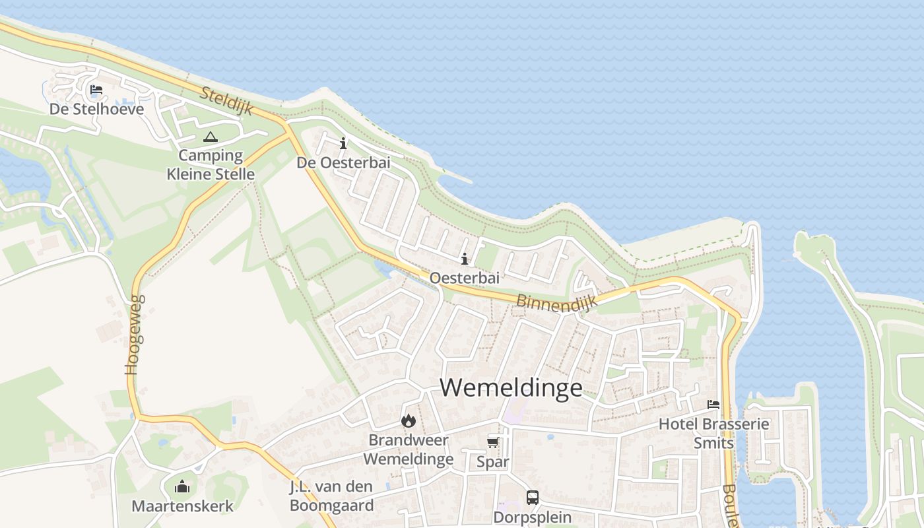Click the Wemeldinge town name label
[x=511, y=387]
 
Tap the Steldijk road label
[x=227, y=101]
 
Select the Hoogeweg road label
[x=135, y=335]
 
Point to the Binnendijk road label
[x=556, y=301]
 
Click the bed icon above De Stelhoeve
[x=96, y=90]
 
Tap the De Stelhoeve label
[x=96, y=109]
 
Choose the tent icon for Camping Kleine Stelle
[x=211, y=137]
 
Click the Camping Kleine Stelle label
[x=211, y=165]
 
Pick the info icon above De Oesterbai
[x=343, y=143]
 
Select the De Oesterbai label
[x=343, y=162]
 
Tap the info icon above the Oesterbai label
[x=465, y=259]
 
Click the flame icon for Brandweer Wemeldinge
[x=409, y=420]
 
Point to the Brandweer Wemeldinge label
[x=409, y=449]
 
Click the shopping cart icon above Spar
[x=493, y=442]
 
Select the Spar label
[x=493, y=462]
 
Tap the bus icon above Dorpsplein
[x=533, y=498]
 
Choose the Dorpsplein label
[x=533, y=517]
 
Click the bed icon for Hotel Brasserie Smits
[x=713, y=405]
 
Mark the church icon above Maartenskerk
[x=182, y=487]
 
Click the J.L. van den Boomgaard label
[x=332, y=496]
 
